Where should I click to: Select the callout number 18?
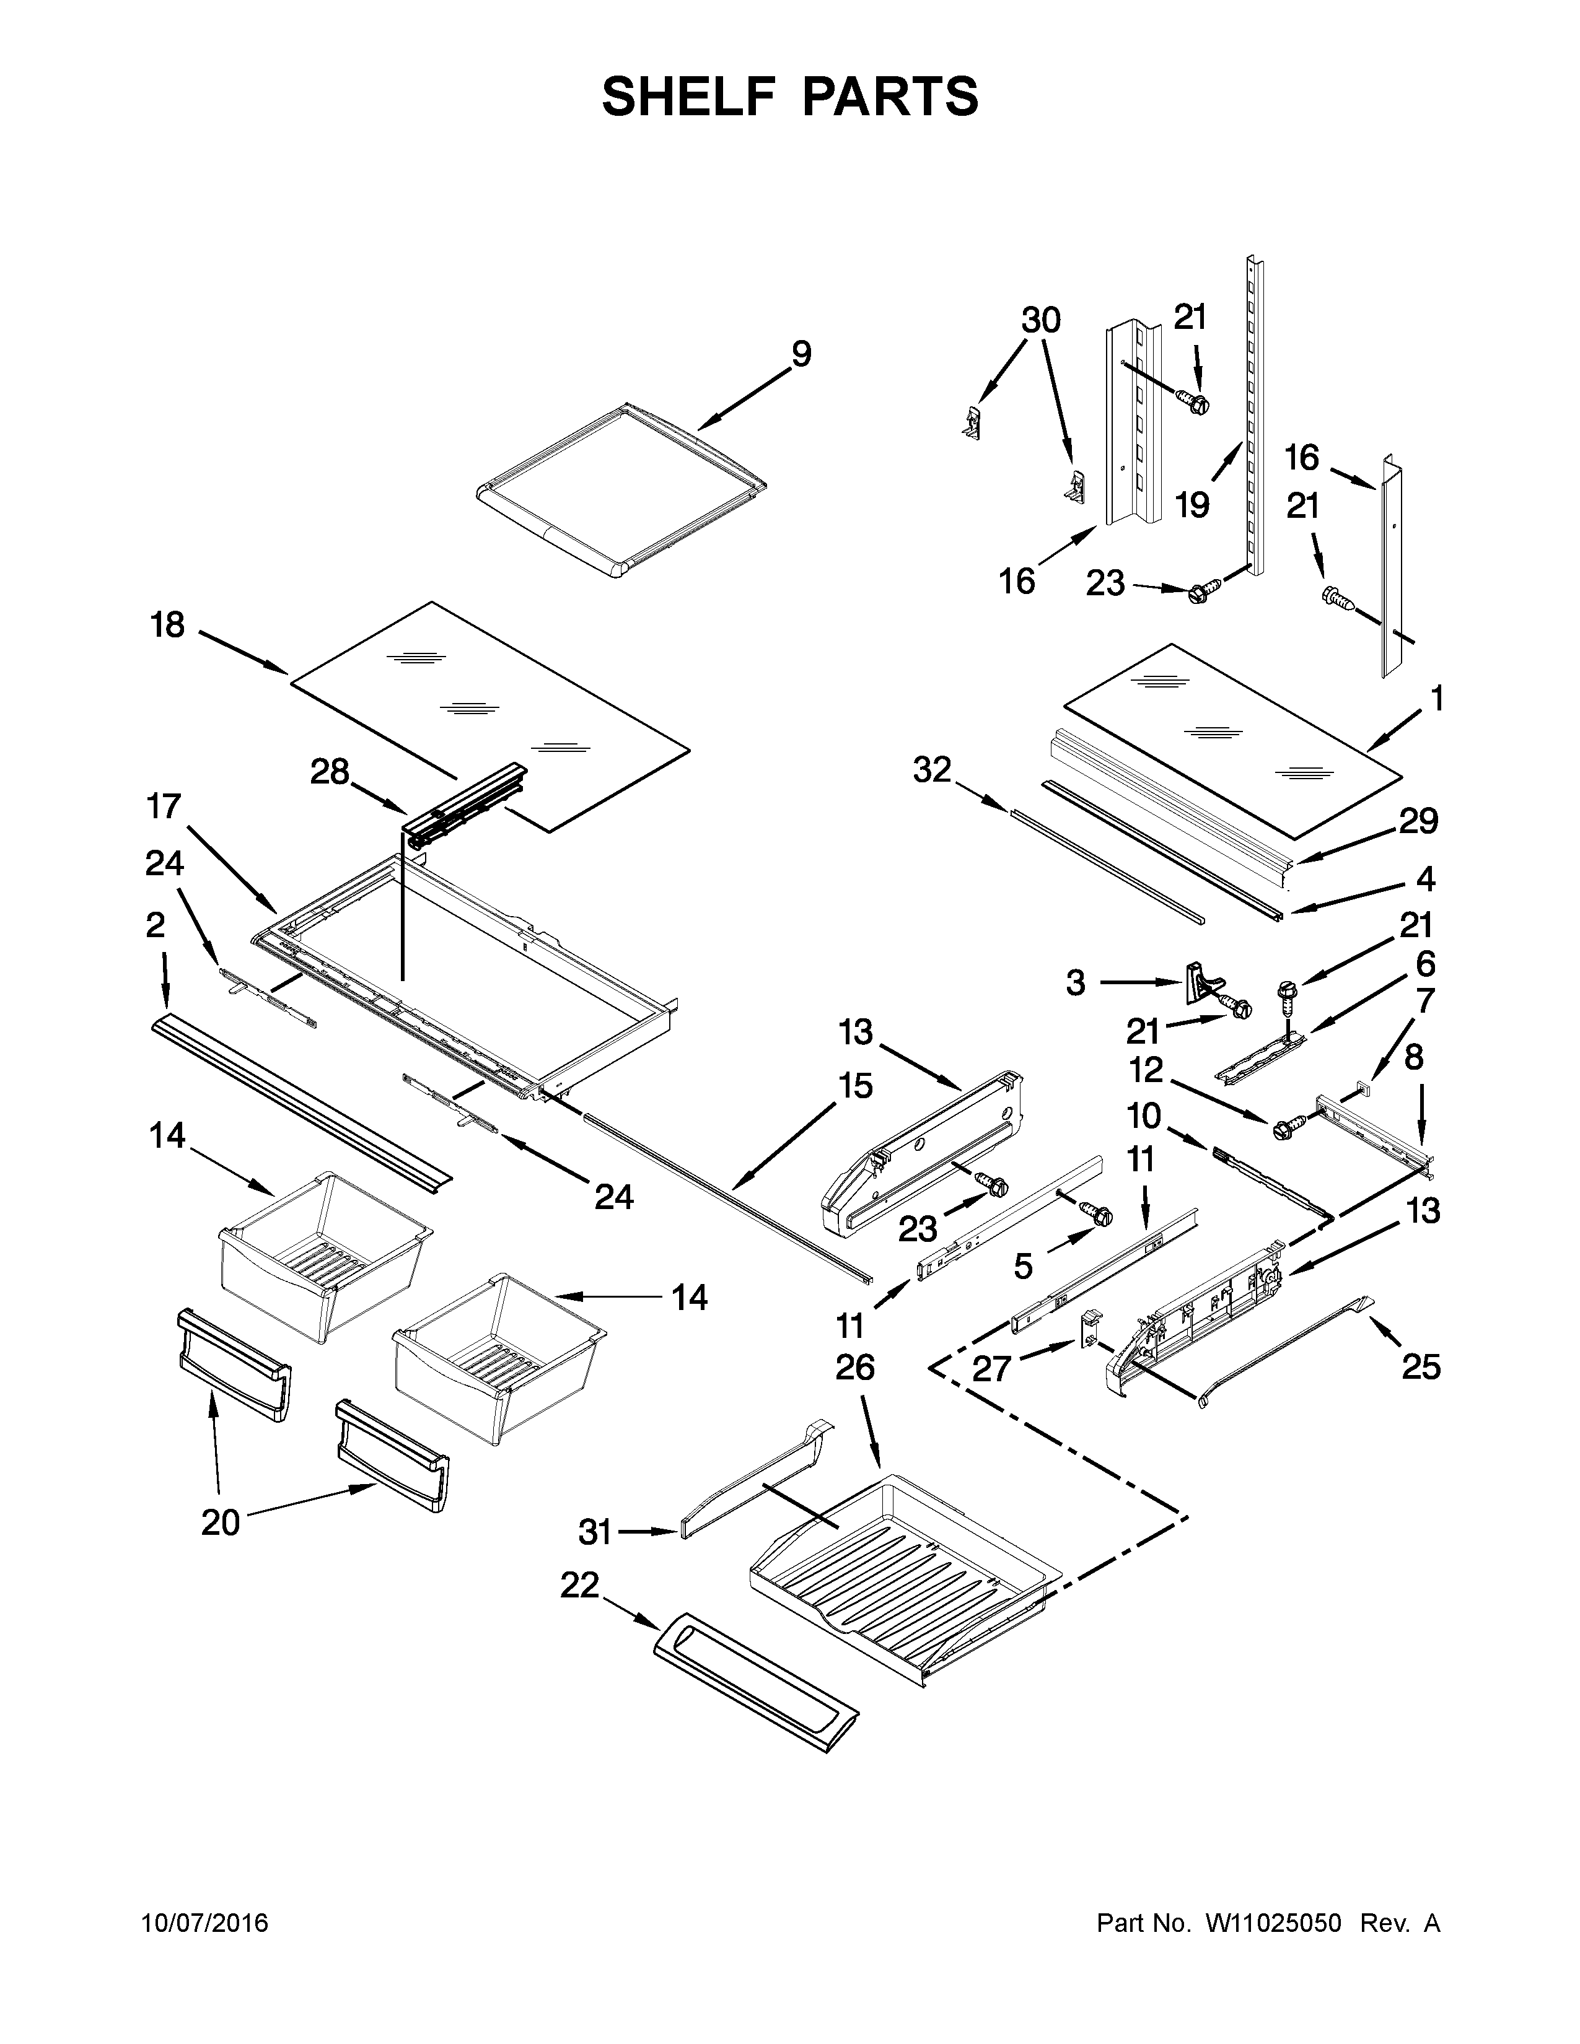pyautogui.click(x=169, y=625)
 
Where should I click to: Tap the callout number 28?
pyautogui.click(x=330, y=773)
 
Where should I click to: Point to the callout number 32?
pyautogui.click(x=933, y=771)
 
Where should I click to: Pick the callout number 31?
pyautogui.click(x=595, y=1532)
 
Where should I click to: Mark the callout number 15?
pyautogui.click(x=856, y=1086)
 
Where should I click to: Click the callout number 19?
pyautogui.click(x=1193, y=505)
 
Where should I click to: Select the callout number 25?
pyautogui.click(x=1421, y=1368)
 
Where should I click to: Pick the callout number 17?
pyautogui.click(x=164, y=806)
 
